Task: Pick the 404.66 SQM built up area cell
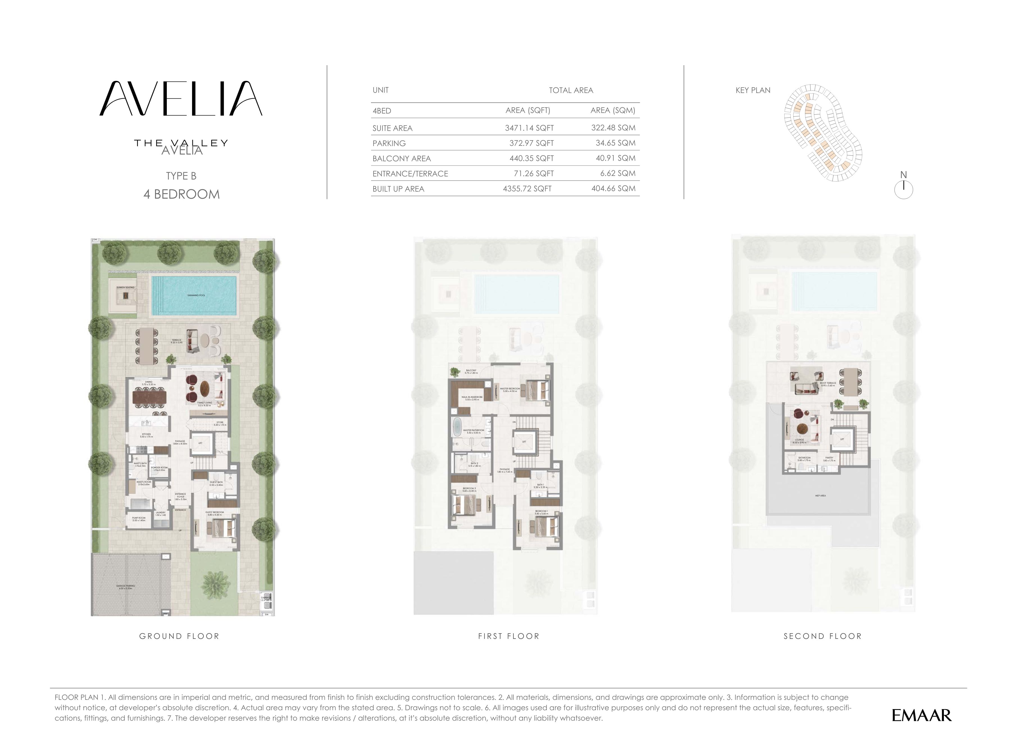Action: tap(613, 189)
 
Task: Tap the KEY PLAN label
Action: tap(753, 90)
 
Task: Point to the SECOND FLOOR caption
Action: tap(823, 636)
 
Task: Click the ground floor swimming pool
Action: tap(194, 295)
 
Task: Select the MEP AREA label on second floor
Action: tap(820, 496)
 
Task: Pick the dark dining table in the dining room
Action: tap(149, 398)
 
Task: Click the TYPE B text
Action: tap(181, 176)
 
